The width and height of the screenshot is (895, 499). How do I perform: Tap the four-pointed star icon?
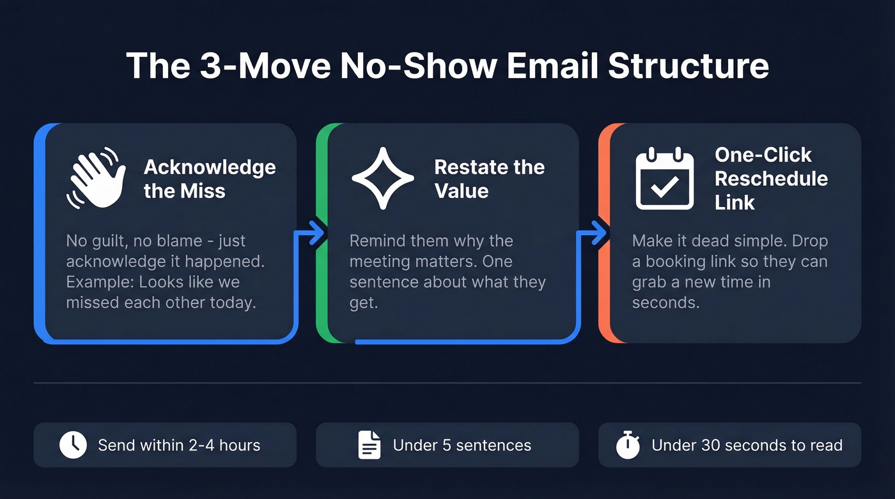point(383,178)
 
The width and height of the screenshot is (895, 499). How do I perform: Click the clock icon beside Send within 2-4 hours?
point(73,445)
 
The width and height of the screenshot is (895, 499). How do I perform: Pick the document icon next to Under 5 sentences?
point(370,445)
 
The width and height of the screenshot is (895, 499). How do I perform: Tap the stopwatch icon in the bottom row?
point(628,445)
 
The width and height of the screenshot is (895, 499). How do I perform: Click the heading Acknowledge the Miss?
point(210,179)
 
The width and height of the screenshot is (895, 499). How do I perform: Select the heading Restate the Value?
point(489,179)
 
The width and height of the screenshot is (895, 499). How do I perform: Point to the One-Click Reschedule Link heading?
point(770,178)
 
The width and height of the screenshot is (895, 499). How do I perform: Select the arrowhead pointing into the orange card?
point(599,234)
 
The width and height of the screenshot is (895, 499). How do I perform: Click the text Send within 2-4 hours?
point(179,445)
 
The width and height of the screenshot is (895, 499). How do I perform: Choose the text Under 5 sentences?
point(462,445)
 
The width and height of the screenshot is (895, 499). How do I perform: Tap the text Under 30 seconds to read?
point(747,445)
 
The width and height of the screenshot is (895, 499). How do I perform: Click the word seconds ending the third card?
point(665,302)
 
